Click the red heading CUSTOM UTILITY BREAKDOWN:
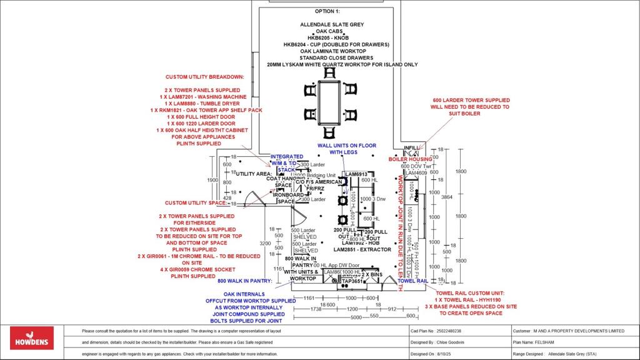point(205,77)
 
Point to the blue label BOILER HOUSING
point(411,159)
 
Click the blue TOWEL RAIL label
point(413,281)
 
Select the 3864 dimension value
point(446,196)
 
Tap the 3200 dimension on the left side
point(264,243)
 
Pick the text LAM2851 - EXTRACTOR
point(362,249)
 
